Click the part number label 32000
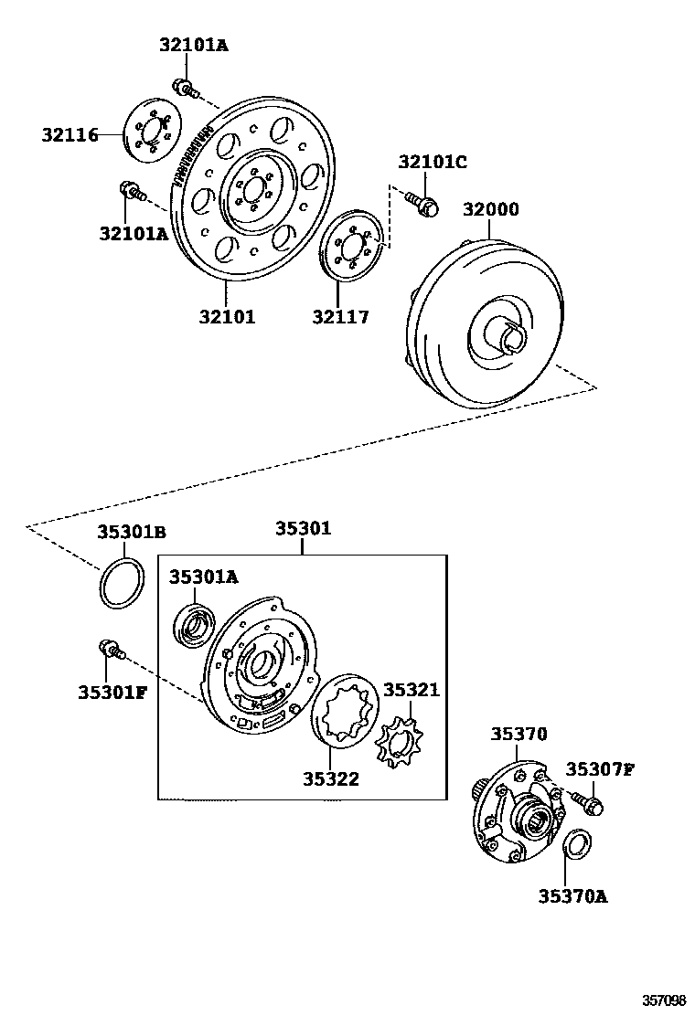pyautogui.click(x=489, y=209)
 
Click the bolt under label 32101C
pyautogui.click(x=422, y=203)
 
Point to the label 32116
pyautogui.click(x=69, y=134)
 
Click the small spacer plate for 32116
pyautogui.click(x=148, y=135)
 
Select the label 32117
pyautogui.click(x=339, y=317)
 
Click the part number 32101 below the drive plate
pyautogui.click(x=227, y=317)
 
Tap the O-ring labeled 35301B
pyautogui.click(x=122, y=582)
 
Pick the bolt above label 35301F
pyautogui.click(x=107, y=650)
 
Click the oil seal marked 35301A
pyautogui.click(x=194, y=626)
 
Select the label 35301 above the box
pyautogui.click(x=303, y=529)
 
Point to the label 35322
pyautogui.click(x=331, y=778)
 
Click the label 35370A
pyautogui.click(x=572, y=895)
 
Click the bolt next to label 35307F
pyautogui.click(x=588, y=804)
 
